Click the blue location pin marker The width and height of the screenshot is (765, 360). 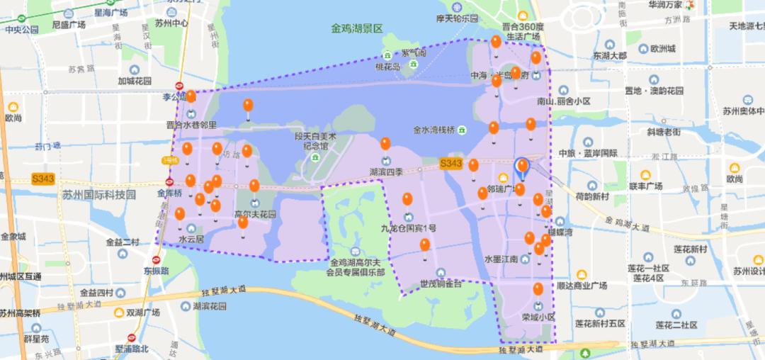(x=522, y=167)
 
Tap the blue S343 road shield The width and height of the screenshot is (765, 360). (x=450, y=164)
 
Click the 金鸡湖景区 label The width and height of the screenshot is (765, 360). (x=356, y=29)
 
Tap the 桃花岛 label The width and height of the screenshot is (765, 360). (x=387, y=67)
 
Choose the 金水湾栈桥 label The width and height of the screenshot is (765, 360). (x=433, y=130)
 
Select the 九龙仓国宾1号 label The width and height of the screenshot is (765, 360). (x=408, y=228)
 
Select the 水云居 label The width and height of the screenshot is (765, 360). (x=191, y=240)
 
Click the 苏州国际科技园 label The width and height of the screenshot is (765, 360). (x=98, y=194)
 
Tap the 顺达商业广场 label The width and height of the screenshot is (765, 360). (x=582, y=286)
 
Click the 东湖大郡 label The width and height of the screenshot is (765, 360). (x=611, y=55)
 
